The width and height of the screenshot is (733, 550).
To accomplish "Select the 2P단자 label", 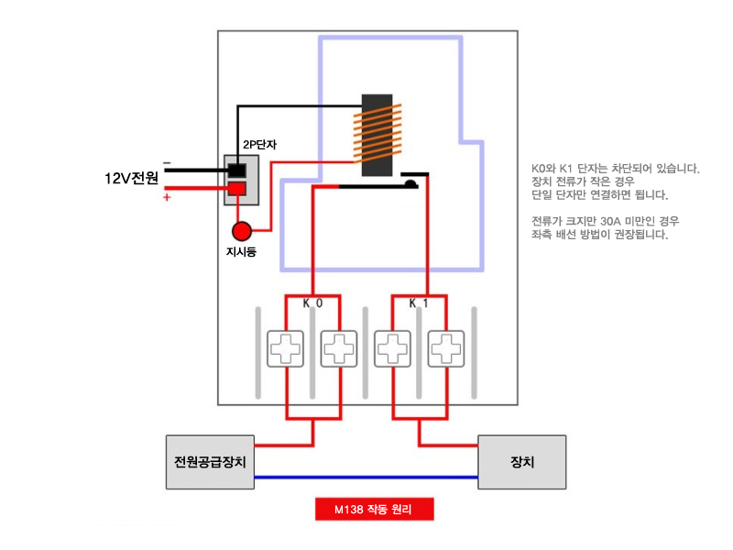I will click(260, 144).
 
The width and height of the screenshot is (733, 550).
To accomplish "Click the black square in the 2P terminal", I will click(238, 170).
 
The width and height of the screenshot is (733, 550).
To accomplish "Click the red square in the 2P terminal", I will click(238, 189).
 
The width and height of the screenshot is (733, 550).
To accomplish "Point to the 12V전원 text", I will click(132, 178).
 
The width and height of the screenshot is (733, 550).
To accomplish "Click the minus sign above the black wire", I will click(167, 161).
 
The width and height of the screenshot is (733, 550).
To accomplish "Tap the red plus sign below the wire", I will click(167, 197).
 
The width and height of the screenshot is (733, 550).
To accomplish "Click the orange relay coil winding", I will click(377, 134).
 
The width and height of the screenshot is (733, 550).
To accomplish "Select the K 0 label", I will click(312, 302).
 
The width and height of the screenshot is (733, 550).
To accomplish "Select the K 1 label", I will click(419, 302).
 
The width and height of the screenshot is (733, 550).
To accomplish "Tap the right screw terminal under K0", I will click(339, 348).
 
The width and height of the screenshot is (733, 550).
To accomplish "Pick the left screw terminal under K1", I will click(393, 348).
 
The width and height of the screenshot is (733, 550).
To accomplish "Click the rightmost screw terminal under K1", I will click(447, 348).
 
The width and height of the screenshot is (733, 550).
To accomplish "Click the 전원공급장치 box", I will click(210, 461).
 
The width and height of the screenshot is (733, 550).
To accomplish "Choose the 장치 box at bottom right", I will click(522, 461).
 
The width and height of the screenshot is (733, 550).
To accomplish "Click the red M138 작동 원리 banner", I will click(373, 510).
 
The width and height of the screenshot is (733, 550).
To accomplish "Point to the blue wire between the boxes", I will click(366, 477).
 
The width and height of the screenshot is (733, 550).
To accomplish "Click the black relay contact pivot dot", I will click(411, 184).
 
